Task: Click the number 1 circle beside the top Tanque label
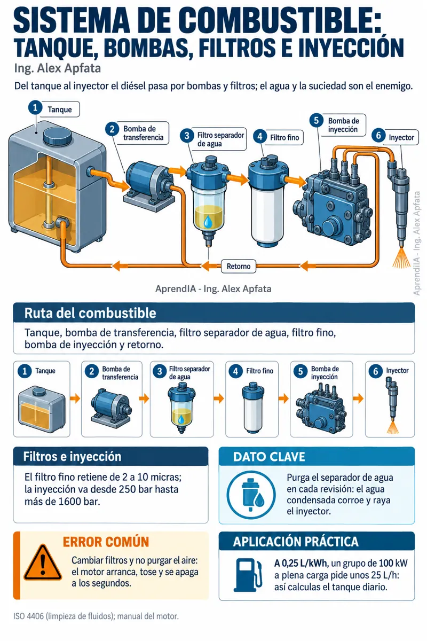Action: click(35, 107)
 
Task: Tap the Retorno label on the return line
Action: click(238, 266)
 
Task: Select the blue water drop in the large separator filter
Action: click(208, 221)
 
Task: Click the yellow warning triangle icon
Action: click(43, 562)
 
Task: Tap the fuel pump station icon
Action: click(248, 575)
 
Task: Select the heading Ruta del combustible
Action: click(90, 313)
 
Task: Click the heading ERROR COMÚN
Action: click(106, 542)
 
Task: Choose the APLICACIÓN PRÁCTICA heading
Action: click(296, 542)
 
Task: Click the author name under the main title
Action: click(58, 69)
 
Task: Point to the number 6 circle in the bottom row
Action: click(376, 372)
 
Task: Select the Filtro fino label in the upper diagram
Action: click(284, 138)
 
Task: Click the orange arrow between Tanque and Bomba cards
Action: click(75, 398)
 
